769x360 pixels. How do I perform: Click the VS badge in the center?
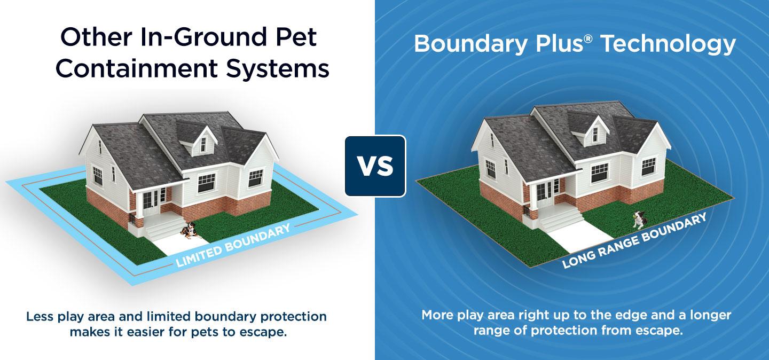[375, 166]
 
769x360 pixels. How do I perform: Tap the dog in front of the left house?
[188, 230]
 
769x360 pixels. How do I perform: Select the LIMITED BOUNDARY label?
[233, 245]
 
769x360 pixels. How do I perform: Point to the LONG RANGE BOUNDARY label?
[635, 240]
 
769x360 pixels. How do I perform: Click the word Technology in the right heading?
[668, 45]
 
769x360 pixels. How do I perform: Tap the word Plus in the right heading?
[558, 45]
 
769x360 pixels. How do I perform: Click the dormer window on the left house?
[203, 143]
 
